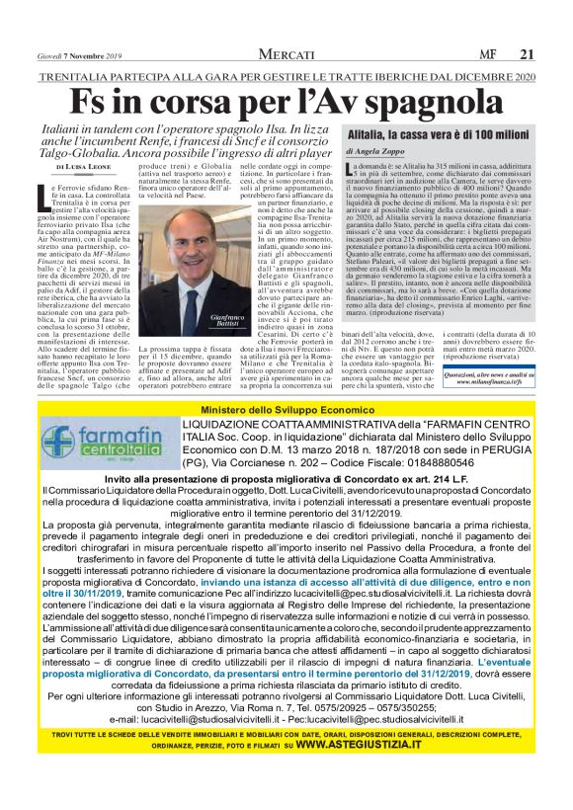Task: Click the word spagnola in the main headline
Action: pyautogui.click(x=423, y=103)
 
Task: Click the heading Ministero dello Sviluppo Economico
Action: pyautogui.click(x=286, y=410)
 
